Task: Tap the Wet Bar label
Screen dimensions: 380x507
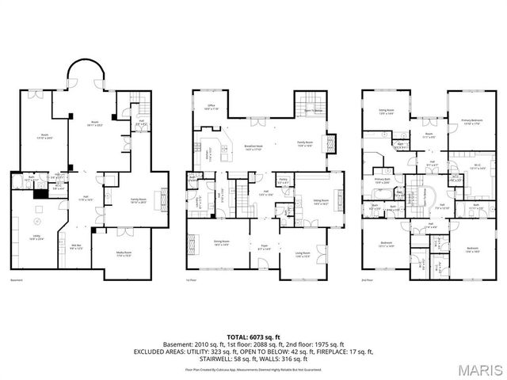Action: coord(78,246)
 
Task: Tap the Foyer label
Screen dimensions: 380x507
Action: coord(265,248)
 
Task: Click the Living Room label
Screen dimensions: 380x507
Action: coord(303,254)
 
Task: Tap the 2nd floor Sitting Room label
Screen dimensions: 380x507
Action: coord(387,113)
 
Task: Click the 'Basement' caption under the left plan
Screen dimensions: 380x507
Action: coord(16,279)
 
